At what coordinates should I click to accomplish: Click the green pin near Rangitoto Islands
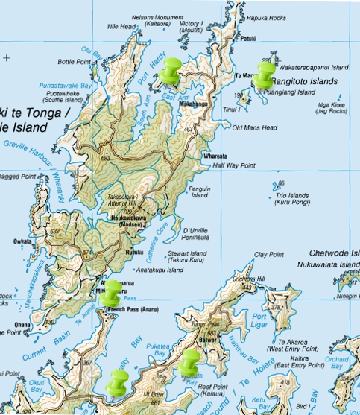pyautogui.click(x=265, y=73)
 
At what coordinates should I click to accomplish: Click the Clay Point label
pyautogui.click(x=269, y=255)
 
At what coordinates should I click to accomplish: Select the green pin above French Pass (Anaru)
pyautogui.click(x=111, y=291)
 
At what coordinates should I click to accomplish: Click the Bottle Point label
pyautogui.click(x=74, y=61)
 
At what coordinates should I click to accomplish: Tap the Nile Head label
pyautogui.click(x=121, y=26)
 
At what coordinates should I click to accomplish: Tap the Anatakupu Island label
pyautogui.click(x=159, y=270)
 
